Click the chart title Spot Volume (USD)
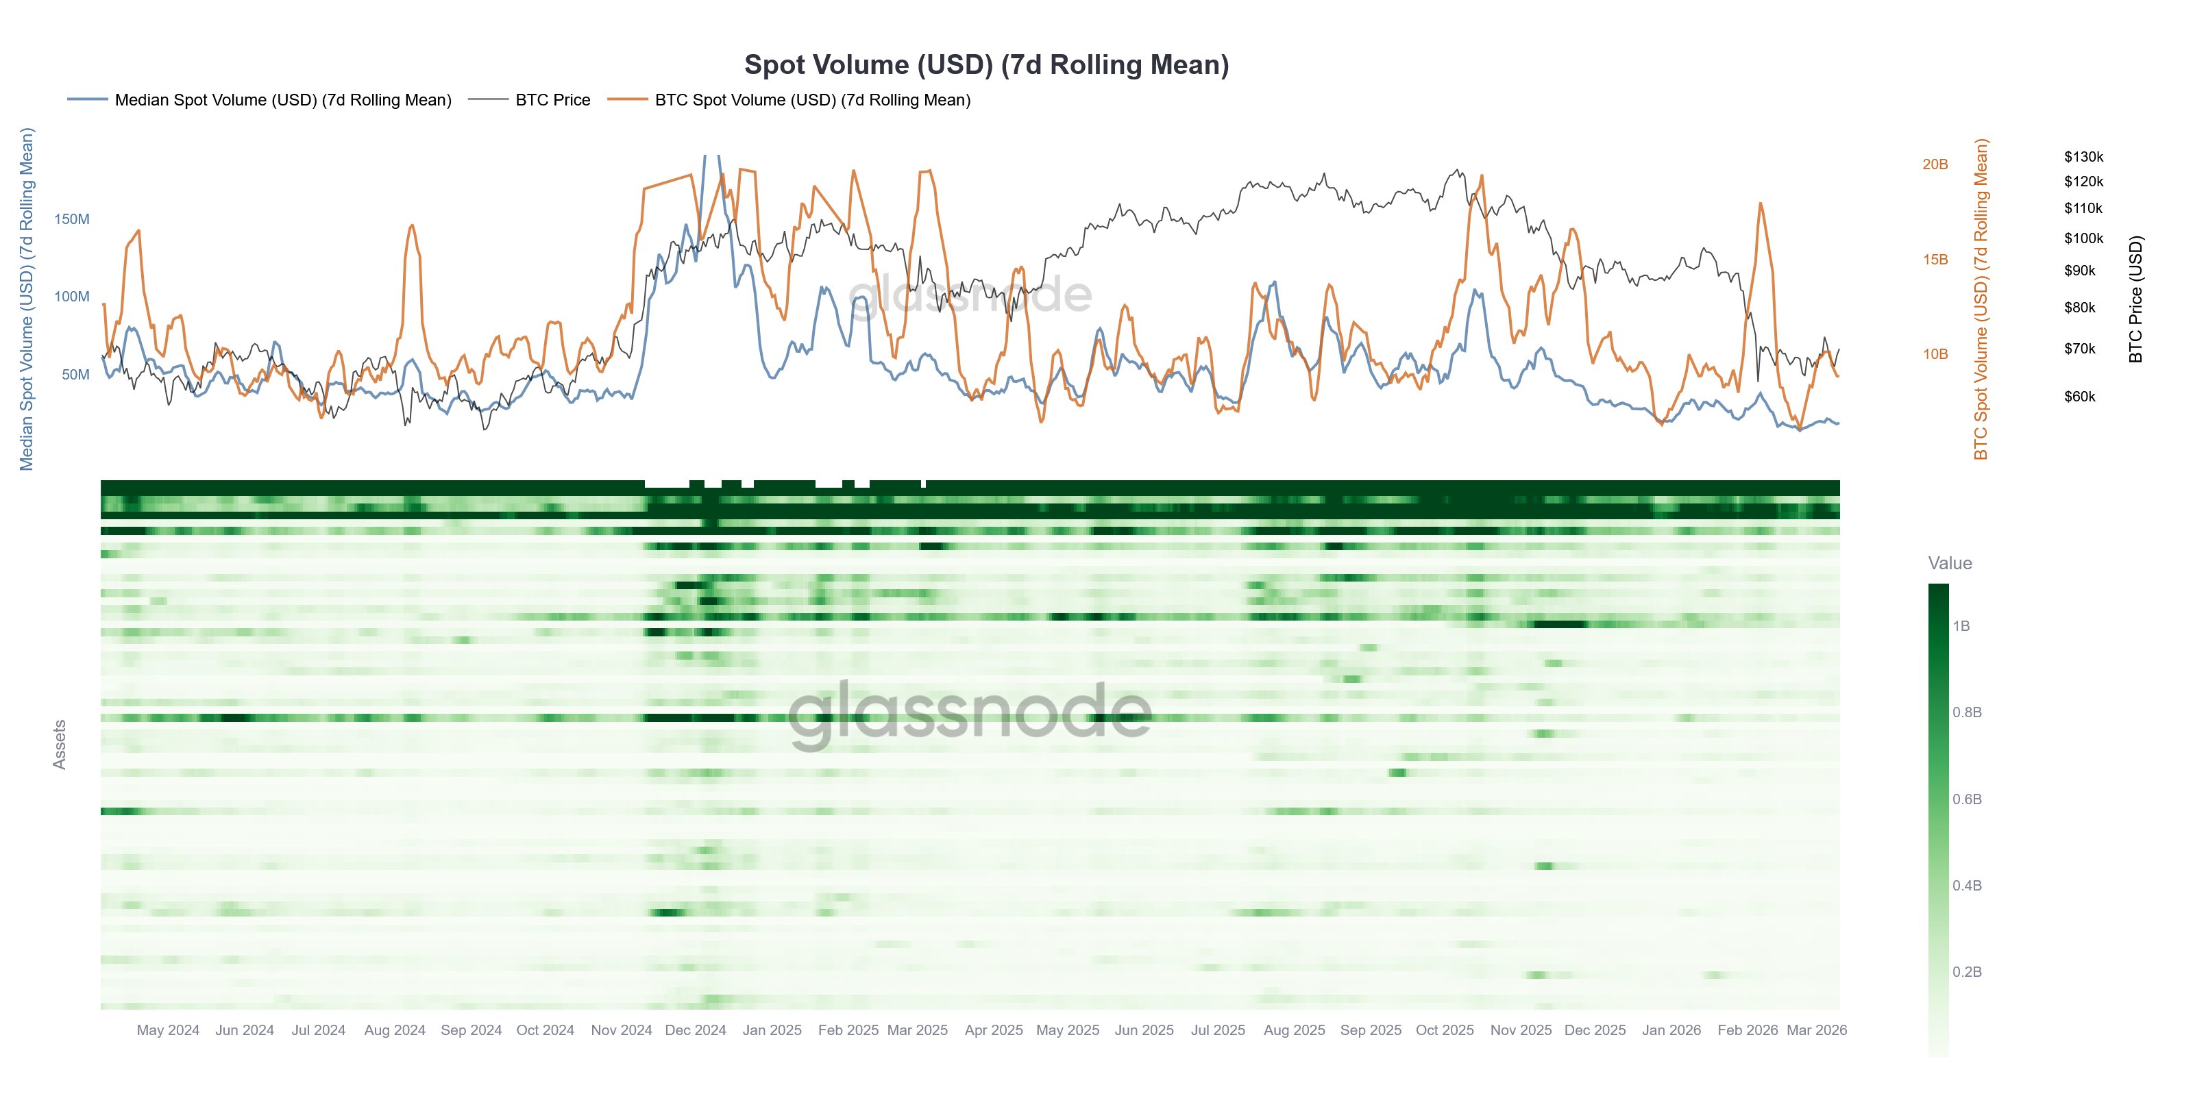pos(986,64)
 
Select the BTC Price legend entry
pos(552,99)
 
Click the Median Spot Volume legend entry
pos(282,99)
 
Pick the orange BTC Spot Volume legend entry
pos(812,99)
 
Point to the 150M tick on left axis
pos(71,219)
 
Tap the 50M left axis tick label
pos(75,375)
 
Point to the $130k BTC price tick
pos(2083,157)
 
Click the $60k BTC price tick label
pos(2080,397)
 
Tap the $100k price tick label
pos(2083,238)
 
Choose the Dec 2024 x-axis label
pos(695,1030)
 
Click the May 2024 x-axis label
pos(168,1030)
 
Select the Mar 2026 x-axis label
pos(1816,1030)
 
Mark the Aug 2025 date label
pos(1294,1030)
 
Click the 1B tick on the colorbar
pos(1961,626)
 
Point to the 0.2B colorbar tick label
pos(1967,972)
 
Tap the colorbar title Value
pos(1950,563)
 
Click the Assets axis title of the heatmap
pos(60,745)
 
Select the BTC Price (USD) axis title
pos(2135,299)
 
